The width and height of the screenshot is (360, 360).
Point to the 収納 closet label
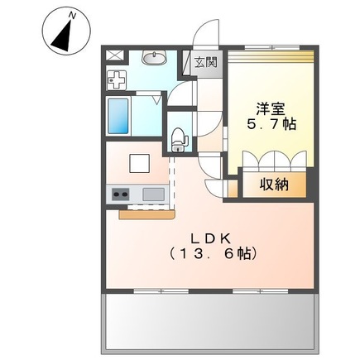click(x=271, y=185)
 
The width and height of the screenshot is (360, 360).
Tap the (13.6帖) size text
click(x=212, y=253)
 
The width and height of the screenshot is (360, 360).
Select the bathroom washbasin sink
click(x=152, y=58)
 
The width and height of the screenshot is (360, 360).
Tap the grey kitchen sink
click(x=154, y=194)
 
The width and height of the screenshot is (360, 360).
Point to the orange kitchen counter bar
click(x=145, y=215)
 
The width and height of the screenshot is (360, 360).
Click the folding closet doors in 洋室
click(x=274, y=159)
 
